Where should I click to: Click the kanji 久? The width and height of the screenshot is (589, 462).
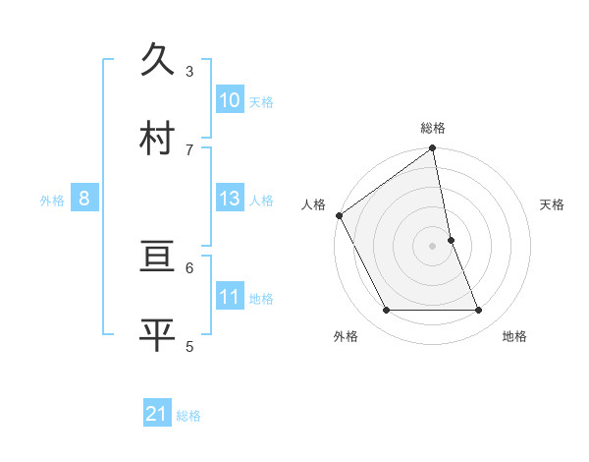coord(159,61)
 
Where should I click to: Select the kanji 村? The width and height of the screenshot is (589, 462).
coord(159,138)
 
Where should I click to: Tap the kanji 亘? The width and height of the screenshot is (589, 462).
coord(159,260)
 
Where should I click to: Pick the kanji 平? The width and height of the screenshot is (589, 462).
coord(159,335)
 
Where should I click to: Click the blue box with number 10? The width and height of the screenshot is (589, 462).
coord(230,100)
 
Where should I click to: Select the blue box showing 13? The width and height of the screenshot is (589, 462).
coord(230,200)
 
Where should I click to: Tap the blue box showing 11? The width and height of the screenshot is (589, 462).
coord(230,298)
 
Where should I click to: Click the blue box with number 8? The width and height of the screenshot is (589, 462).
coord(84,200)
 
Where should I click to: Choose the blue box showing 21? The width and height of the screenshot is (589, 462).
coord(157,415)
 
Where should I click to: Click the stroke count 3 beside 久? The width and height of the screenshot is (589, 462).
coord(189,72)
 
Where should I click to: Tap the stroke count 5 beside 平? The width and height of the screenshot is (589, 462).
coord(189,345)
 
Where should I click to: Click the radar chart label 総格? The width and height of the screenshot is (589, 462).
coord(433,128)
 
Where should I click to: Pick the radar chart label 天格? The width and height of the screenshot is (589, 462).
coord(552,204)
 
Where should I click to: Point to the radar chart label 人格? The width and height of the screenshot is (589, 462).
coord(313,204)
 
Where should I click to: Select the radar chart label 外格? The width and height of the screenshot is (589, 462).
coord(346,336)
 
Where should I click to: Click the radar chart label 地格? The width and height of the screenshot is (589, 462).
coord(514,336)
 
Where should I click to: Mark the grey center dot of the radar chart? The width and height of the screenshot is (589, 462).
coord(433,246)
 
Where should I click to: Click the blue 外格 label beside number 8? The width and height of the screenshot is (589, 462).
coord(52,201)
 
